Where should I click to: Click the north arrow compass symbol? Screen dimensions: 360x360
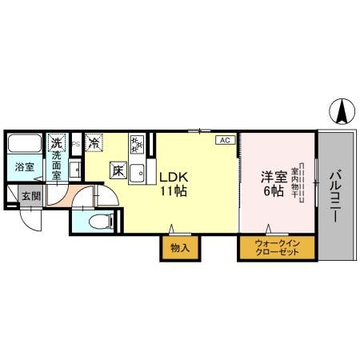(342, 110)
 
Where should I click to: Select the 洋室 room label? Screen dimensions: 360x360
(270, 177)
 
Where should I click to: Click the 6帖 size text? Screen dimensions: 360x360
(270, 192)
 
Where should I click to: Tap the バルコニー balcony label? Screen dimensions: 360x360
(334, 194)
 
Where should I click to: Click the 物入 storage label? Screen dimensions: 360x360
(180, 248)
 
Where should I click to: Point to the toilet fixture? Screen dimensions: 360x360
(98, 221)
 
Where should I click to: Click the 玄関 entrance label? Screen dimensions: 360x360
(30, 196)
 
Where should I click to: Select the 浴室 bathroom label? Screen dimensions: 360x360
(24, 167)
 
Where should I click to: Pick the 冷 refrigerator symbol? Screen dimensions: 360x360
(95, 144)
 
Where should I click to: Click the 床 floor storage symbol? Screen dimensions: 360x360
(118, 170)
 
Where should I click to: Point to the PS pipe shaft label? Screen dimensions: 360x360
(74, 144)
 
